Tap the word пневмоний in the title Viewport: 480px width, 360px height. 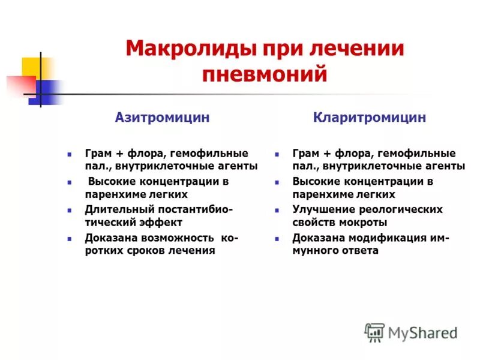(265, 74)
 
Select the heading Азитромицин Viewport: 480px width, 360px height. (162, 118)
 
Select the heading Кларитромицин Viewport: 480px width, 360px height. (370, 118)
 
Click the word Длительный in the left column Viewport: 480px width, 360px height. (112, 209)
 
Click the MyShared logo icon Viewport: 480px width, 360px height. (374, 332)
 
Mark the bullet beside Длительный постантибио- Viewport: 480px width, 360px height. (70, 210)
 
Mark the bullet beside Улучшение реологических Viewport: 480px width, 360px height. (277, 210)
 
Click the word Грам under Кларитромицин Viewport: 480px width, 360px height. (306, 154)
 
